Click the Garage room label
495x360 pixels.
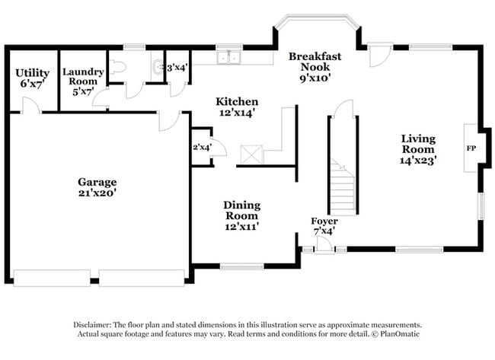(97, 182)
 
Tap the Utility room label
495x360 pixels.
(32, 73)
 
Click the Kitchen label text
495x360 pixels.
(236, 102)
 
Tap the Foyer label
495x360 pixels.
(324, 221)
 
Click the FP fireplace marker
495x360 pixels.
(471, 148)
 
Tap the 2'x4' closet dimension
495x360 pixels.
(201, 146)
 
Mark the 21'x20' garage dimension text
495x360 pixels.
(97, 193)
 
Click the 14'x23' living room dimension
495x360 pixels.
(419, 161)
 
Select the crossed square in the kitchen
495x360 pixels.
(251, 155)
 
